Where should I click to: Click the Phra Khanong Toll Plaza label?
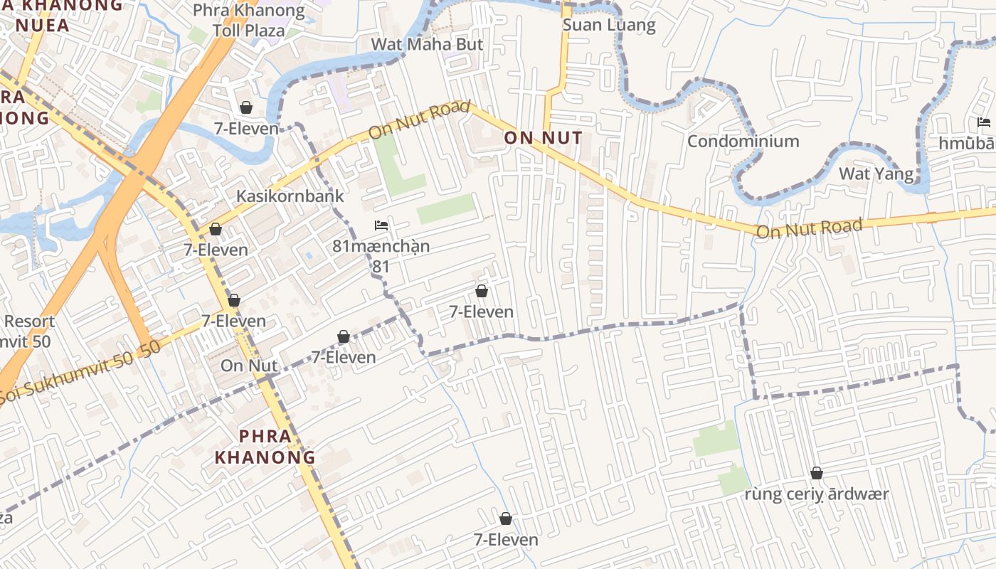(248, 21)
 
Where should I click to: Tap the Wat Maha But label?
(427, 44)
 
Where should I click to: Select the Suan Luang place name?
(608, 25)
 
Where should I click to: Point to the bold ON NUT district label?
(543, 138)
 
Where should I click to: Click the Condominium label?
(743, 141)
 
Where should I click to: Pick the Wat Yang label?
(876, 174)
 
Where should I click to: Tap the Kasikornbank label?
(290, 196)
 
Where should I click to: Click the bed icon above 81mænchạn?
(381, 225)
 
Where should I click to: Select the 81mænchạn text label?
(381, 247)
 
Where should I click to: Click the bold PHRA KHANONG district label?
(265, 446)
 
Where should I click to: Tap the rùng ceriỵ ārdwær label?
(817, 494)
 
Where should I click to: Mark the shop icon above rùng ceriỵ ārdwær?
(817, 473)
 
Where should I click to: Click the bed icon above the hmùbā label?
(984, 122)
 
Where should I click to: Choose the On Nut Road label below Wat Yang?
(809, 228)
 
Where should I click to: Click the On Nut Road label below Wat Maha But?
(420, 121)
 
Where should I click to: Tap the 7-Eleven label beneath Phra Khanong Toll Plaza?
(246, 129)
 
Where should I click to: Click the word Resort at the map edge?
(29, 321)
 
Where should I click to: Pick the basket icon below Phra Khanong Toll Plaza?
(246, 107)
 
